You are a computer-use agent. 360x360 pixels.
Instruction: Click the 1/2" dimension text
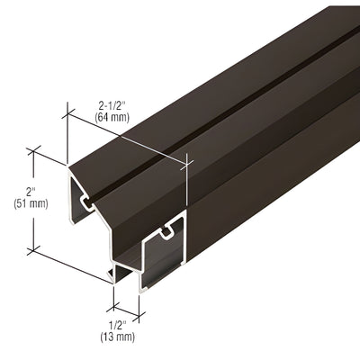118,325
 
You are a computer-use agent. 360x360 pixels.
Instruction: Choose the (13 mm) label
118,337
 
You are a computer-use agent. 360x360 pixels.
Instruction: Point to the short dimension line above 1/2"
126,301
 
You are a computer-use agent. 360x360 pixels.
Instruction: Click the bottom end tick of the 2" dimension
35,247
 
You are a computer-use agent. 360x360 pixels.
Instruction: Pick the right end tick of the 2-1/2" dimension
187,161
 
